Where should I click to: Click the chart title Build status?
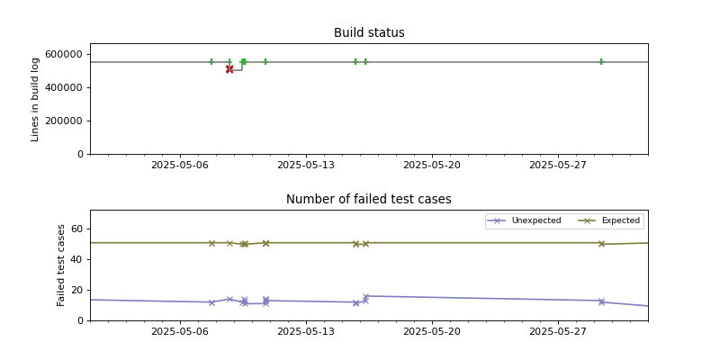[369, 33]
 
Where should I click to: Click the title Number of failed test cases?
[369, 200]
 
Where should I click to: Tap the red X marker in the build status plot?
[229, 69]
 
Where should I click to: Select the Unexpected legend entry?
[535, 220]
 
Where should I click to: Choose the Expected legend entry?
[620, 220]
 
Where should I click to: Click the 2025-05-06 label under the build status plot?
[180, 166]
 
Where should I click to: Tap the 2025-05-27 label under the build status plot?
[558, 166]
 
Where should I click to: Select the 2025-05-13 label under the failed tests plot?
[306, 332]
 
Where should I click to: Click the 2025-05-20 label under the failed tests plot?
[432, 332]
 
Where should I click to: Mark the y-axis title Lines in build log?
[35, 99]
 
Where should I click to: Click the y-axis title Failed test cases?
[62, 265]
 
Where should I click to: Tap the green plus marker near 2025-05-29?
[601, 62]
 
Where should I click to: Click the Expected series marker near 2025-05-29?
[601, 244]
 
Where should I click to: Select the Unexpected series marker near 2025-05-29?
[601, 301]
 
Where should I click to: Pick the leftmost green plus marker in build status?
[211, 62]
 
